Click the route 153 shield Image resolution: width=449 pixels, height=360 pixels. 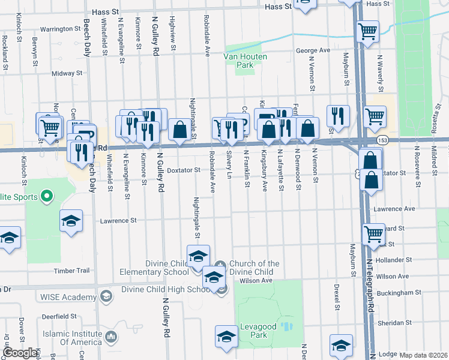click(x=382, y=139)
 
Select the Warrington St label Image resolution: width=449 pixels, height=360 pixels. click(x=61, y=28)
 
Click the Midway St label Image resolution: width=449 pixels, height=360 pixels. click(x=67, y=73)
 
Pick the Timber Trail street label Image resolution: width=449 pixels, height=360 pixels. click(x=71, y=271)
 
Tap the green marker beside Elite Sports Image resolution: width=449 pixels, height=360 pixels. click(x=46, y=196)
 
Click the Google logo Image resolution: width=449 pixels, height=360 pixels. click(x=20, y=353)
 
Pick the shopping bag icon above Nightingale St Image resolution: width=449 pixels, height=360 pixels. click(x=179, y=128)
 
